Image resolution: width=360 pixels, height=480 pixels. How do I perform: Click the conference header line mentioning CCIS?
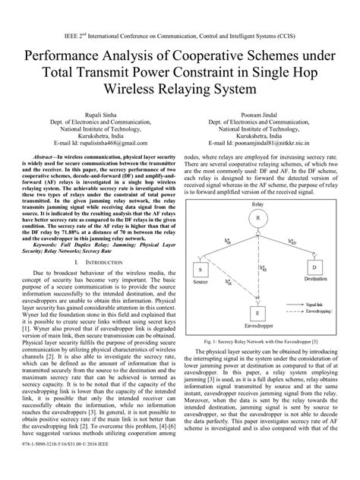click(180, 34)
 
